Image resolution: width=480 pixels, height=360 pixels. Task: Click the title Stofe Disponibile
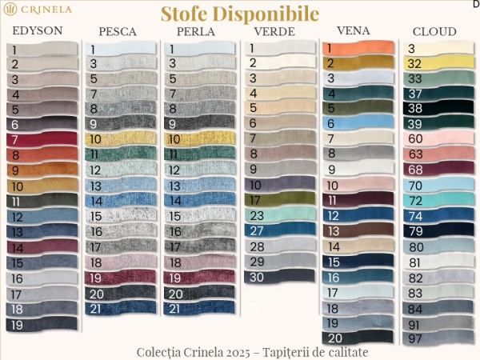click(239, 14)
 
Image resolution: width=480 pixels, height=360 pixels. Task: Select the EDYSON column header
click(37, 30)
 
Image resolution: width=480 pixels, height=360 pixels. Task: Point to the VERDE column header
click(274, 32)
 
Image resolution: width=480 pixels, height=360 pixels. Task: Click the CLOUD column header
click(434, 32)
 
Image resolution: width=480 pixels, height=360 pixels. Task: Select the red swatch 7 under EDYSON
click(44, 140)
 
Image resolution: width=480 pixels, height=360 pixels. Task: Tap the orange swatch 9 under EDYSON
click(44, 170)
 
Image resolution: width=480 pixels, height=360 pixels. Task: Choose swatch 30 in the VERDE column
click(280, 277)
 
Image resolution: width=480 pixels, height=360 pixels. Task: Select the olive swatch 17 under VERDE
click(280, 200)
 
